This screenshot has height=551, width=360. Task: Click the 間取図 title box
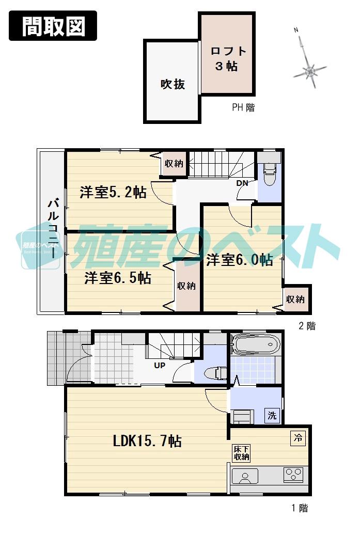[53, 25]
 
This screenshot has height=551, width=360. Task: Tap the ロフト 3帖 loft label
[227, 58]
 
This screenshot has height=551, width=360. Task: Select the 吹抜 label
[173, 84]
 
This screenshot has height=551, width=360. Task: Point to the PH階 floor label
[243, 108]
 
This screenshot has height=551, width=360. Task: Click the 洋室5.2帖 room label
[113, 193]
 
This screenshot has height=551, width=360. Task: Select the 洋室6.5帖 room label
[118, 278]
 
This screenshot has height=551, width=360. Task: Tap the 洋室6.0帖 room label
[240, 260]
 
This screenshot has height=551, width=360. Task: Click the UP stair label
[159, 365]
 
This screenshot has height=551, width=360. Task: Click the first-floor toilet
[214, 372]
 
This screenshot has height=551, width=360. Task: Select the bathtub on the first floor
[255, 344]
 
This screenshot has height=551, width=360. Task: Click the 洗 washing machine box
[272, 415]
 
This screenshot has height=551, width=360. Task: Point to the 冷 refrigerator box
[298, 438]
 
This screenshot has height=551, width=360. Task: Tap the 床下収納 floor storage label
[241, 453]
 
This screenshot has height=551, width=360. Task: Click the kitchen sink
[245, 476]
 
